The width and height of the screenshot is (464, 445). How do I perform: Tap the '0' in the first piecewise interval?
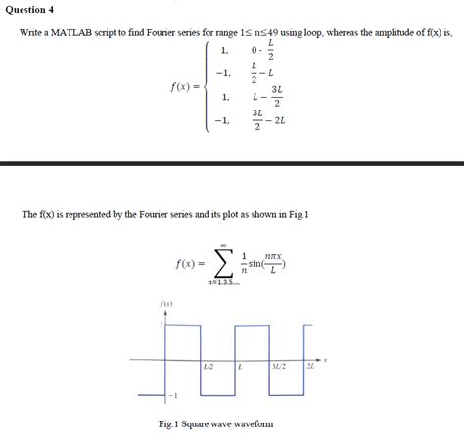click(x=255, y=49)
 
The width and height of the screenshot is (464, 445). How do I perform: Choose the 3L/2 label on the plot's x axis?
click(x=278, y=366)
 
